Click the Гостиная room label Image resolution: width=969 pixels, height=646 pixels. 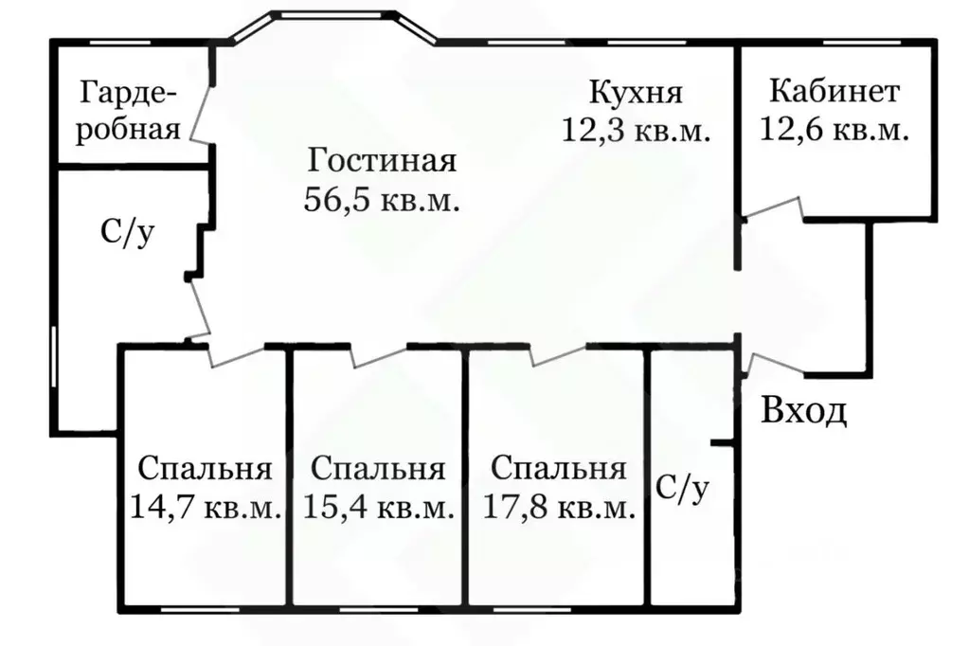coord(383,160)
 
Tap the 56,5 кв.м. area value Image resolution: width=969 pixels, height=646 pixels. coord(383,199)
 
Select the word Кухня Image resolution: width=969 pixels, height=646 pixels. coord(636,93)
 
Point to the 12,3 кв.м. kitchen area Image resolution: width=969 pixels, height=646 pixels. coord(636,130)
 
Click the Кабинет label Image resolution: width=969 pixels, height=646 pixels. coord(834,92)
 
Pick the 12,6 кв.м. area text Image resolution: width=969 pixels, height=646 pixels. coord(834,129)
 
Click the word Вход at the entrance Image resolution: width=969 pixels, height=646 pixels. coord(804,412)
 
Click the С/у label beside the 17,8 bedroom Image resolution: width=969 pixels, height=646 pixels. coord(682,489)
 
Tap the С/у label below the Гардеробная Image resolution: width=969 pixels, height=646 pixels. coord(127,232)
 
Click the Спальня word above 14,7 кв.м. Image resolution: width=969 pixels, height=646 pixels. coord(206,469)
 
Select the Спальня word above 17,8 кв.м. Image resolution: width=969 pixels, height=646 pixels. coord(559,469)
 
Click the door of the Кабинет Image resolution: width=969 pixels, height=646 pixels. coord(772,208)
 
